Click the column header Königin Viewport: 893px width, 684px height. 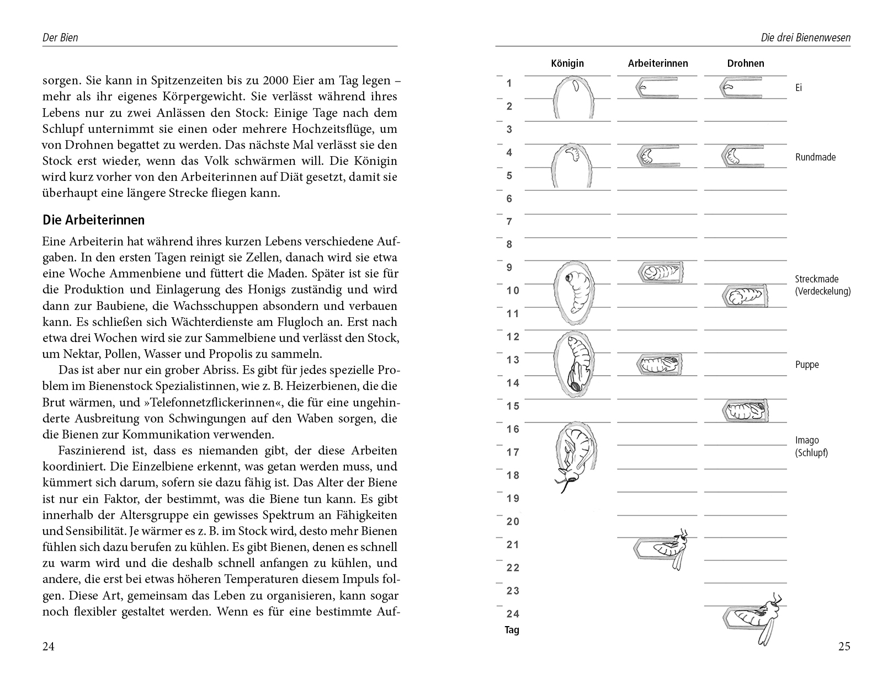point(567,63)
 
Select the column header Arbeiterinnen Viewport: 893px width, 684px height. point(658,63)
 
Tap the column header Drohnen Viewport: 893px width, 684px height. point(745,63)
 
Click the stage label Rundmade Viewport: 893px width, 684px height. point(815,157)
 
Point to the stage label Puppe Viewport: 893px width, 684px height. point(807,365)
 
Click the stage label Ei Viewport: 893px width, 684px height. point(799,88)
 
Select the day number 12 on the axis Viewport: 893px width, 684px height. point(513,336)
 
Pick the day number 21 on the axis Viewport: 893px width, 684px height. point(513,544)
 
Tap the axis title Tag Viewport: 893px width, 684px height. point(512,630)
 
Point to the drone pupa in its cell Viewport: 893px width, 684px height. point(745,411)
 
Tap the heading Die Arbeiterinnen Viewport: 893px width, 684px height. point(93,220)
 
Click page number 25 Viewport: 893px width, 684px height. point(844,646)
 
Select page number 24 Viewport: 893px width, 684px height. point(49,646)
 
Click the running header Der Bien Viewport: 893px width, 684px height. point(60,38)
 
